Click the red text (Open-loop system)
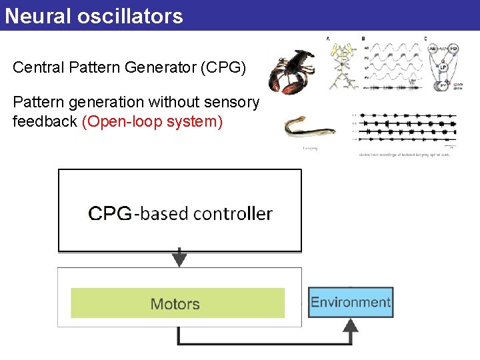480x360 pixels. [x=152, y=122]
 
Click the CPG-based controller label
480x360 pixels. [x=180, y=213]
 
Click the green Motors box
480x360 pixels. [x=177, y=303]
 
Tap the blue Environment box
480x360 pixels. [x=351, y=302]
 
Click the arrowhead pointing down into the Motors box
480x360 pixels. [x=179, y=259]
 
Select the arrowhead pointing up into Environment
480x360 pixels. [x=351, y=325]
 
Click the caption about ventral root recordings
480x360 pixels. [x=404, y=154]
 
